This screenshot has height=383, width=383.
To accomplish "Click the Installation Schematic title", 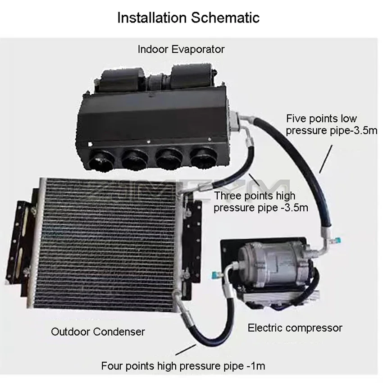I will point(188,18).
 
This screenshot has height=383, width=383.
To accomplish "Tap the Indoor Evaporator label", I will point(181,49).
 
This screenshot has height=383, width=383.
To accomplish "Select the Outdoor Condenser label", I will point(98,332).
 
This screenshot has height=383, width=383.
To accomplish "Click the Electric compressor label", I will point(295,328).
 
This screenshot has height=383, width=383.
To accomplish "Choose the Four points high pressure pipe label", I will point(183,365).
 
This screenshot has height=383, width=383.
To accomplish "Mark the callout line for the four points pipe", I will point(185,350).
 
